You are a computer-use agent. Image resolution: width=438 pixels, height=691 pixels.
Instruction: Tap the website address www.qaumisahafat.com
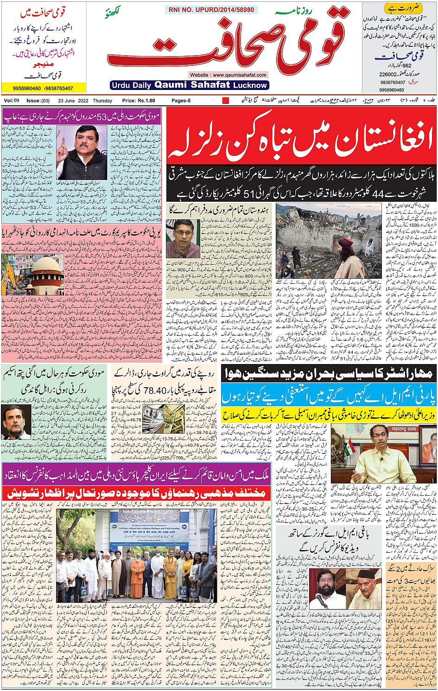click(229, 75)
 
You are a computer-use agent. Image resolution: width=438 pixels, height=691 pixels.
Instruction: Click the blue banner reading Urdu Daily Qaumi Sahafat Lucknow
click(190, 85)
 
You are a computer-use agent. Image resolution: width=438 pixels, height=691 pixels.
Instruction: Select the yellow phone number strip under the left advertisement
click(44, 88)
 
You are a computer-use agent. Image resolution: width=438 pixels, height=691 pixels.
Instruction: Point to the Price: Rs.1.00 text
click(139, 101)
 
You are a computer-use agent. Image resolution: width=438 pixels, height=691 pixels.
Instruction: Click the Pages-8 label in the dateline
click(181, 101)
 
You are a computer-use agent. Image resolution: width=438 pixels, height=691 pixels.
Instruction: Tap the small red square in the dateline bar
click(226, 101)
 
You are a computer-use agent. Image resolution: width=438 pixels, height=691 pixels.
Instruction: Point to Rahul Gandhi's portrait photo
click(16, 422)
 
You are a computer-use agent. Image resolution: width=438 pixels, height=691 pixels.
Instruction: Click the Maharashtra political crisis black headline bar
click(329, 374)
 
